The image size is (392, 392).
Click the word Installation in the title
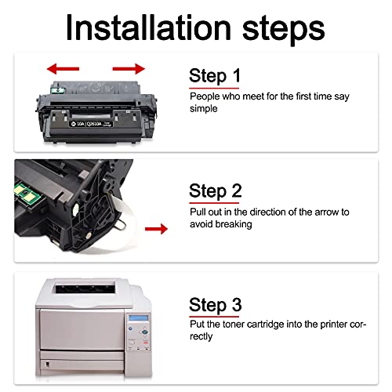coord(148,27)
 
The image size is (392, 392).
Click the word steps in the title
coord(284,30)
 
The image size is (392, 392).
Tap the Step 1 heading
coord(215,76)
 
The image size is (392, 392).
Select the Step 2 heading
coord(216,191)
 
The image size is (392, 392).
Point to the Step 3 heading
coord(216,305)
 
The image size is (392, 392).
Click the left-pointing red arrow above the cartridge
coord(63,69)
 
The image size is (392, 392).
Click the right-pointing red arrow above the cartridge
coord(129,69)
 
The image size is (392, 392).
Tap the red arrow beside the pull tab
coord(156,229)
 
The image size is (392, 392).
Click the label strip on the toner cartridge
coord(91,124)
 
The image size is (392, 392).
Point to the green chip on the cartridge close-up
coord(26,194)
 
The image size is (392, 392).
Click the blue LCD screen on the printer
coord(139,318)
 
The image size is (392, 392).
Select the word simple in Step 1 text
coord(203,109)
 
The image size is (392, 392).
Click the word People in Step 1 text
coord(205,96)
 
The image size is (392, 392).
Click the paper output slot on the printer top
coord(85,289)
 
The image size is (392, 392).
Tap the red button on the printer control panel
coord(146,343)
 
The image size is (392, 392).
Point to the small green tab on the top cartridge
coord(57,90)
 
